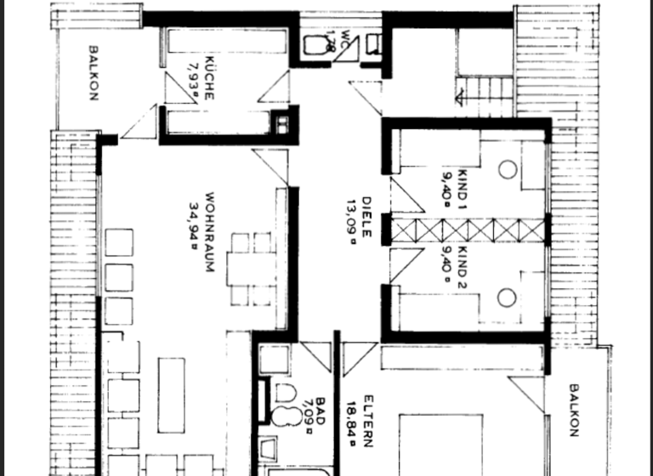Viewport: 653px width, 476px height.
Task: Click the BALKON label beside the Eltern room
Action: [573, 411]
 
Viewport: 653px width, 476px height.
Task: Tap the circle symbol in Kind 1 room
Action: [508, 168]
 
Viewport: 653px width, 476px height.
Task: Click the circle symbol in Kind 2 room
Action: [508, 297]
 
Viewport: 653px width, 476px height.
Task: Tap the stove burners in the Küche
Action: [279, 125]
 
